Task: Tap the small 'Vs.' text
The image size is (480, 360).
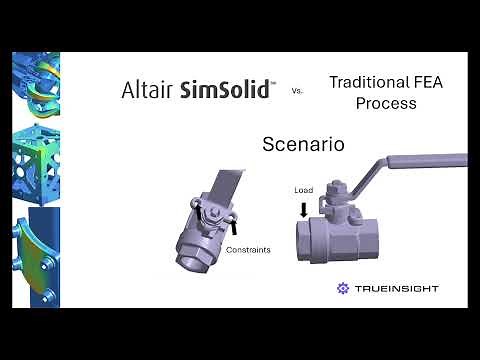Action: tap(297, 91)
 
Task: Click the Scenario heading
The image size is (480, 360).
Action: tap(303, 144)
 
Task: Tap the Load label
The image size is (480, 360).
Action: tap(304, 190)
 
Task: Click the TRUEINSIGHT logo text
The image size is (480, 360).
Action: tap(396, 288)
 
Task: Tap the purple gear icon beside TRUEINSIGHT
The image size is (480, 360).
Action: tap(344, 288)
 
